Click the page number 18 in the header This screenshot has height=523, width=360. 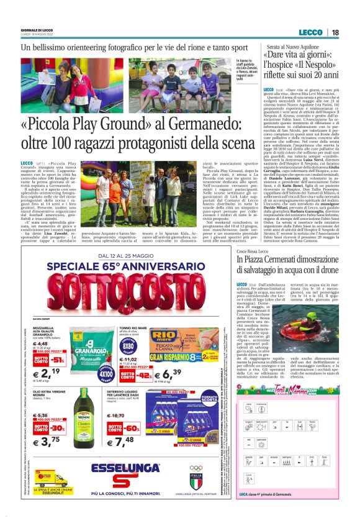(x=335, y=32)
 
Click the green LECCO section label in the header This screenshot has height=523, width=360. (x=310, y=32)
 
